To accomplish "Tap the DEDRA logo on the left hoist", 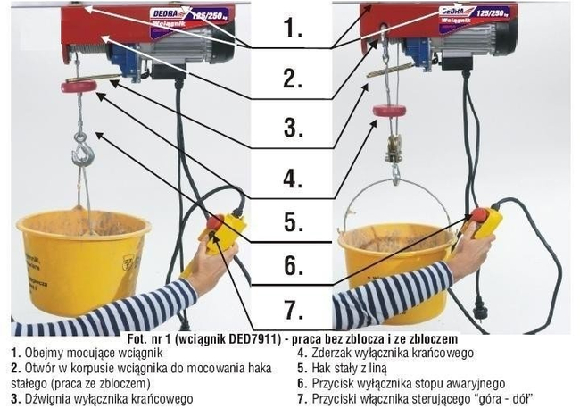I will click(168, 14).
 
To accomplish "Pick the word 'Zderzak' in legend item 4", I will click(326, 354).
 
